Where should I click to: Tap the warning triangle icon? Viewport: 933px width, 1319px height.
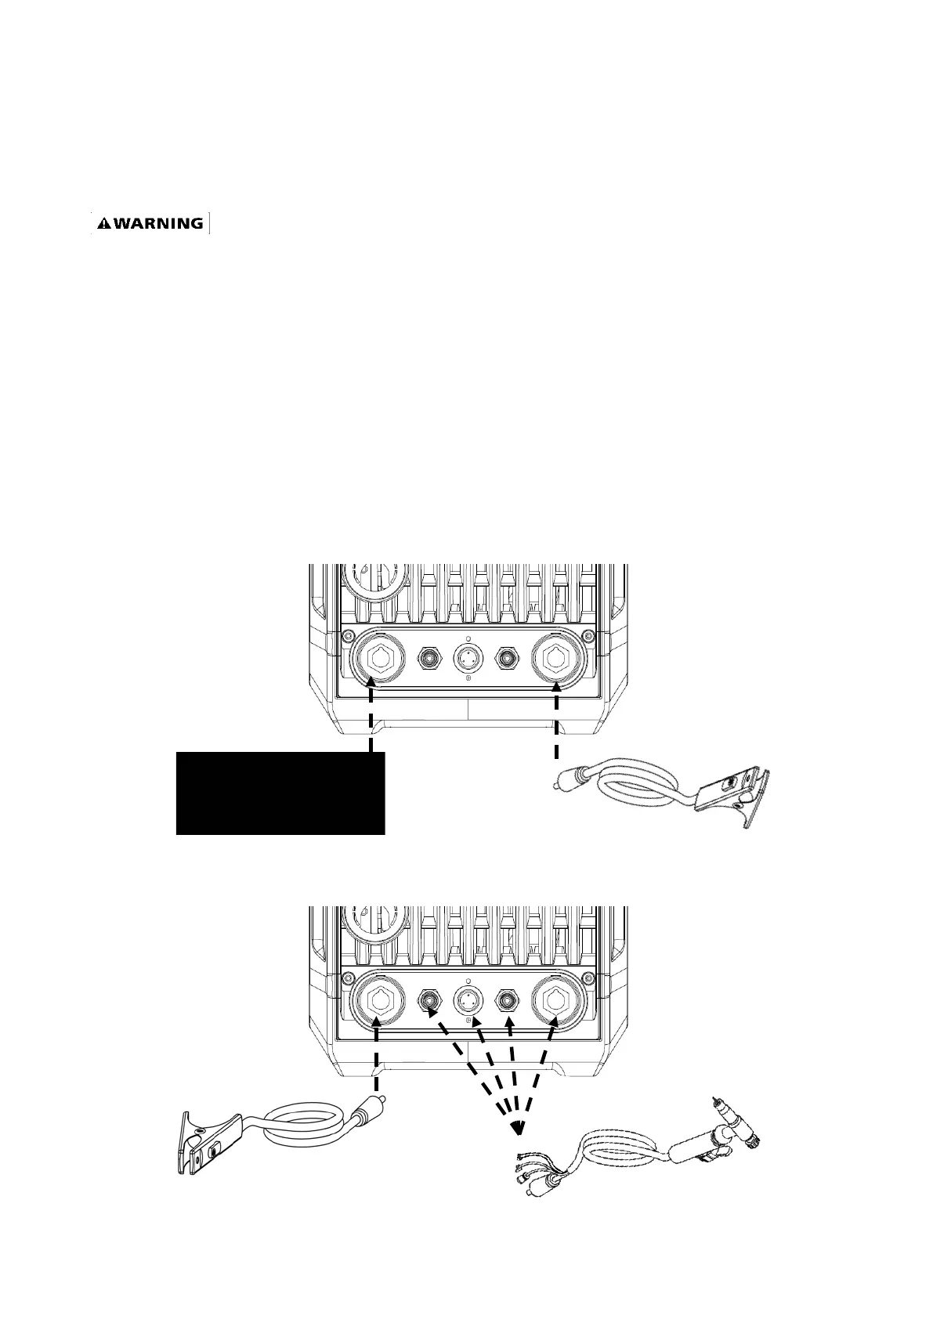click(103, 224)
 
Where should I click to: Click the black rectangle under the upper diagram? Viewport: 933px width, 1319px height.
click(280, 793)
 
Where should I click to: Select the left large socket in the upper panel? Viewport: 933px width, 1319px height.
click(379, 659)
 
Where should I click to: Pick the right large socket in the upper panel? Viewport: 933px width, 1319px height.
click(556, 659)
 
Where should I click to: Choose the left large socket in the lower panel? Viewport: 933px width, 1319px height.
click(379, 1000)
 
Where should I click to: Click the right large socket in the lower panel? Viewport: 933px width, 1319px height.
click(556, 1000)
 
